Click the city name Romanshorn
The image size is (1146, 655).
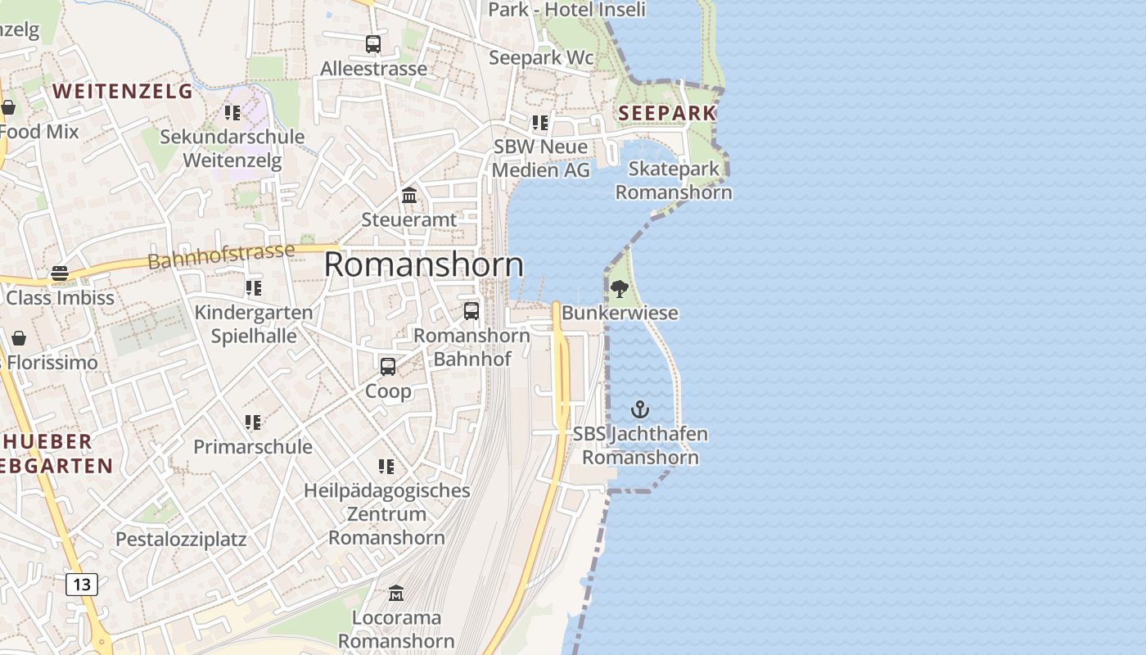(x=424, y=264)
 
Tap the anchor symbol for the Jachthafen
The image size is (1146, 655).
(x=639, y=409)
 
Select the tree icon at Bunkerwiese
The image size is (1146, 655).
(x=620, y=288)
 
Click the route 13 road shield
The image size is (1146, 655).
(x=81, y=584)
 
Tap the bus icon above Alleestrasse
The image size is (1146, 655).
(x=373, y=43)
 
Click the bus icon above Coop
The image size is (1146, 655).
(x=388, y=366)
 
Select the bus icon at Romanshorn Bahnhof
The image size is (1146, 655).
(x=471, y=310)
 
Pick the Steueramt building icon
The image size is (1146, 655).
(x=409, y=195)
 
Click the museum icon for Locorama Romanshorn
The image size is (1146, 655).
(x=396, y=592)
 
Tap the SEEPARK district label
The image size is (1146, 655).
(x=667, y=113)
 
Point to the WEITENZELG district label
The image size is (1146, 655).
(x=123, y=91)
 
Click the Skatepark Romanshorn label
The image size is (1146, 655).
(x=674, y=181)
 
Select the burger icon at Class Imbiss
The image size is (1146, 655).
(x=60, y=273)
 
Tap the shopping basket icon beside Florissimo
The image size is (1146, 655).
(x=18, y=337)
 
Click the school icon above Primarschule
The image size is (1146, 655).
(x=253, y=422)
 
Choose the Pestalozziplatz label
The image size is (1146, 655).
(x=181, y=540)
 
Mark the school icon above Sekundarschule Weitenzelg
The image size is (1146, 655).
(x=232, y=112)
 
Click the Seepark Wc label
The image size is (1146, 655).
(x=541, y=57)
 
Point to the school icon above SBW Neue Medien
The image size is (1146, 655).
(x=540, y=123)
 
